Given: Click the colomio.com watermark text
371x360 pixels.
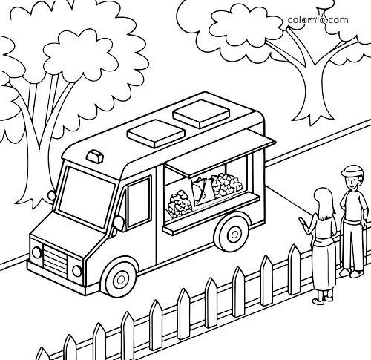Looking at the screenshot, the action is (x=318, y=20).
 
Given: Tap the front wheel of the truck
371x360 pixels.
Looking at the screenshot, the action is (x=120, y=279).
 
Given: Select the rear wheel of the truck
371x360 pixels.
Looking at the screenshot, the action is (x=233, y=235).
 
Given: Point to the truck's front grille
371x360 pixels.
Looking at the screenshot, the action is (x=55, y=259).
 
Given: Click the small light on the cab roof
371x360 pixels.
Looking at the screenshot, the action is (x=95, y=156).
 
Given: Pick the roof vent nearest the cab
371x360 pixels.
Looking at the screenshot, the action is (x=156, y=134).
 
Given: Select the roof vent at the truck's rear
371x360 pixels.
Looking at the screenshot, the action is (x=201, y=114).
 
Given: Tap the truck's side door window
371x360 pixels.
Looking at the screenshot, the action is (x=139, y=203).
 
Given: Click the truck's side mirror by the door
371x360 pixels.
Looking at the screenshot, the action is (x=119, y=223).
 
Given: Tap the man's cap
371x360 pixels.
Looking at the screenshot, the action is (x=352, y=171).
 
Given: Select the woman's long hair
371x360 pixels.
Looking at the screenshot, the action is (x=324, y=204).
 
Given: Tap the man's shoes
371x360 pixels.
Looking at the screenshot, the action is (x=351, y=272).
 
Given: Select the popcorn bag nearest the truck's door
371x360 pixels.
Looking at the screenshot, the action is (x=180, y=203).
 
